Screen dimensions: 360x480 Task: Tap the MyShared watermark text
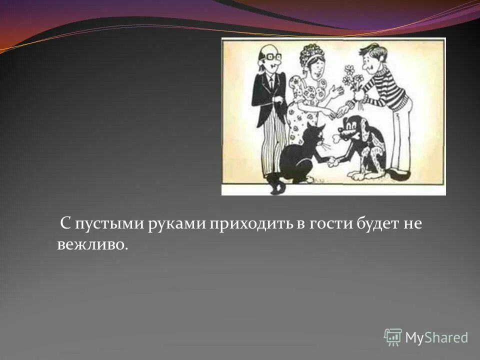[436, 337]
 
